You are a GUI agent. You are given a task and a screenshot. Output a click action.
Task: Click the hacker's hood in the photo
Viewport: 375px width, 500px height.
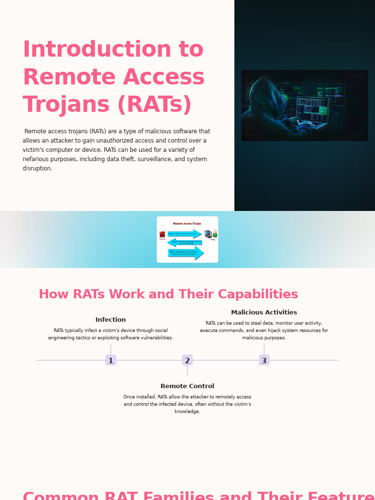(266, 93)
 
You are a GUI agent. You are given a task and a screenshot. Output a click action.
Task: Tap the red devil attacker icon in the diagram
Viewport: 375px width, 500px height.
(162, 234)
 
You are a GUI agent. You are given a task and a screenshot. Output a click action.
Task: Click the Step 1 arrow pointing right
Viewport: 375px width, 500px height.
(185, 234)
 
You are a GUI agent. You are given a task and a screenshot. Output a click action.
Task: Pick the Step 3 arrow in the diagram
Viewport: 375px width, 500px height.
(186, 252)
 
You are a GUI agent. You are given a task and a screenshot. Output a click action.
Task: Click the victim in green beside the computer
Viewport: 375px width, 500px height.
(215, 234)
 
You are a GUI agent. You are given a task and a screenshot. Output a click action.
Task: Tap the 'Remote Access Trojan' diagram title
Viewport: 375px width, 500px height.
(187, 224)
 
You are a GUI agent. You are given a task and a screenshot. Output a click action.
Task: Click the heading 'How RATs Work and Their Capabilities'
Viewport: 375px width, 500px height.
(168, 294)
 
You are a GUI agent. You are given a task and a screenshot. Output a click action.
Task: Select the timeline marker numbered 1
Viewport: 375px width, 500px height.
(111, 360)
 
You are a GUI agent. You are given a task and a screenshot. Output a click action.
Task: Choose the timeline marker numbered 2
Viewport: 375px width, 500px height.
(187, 360)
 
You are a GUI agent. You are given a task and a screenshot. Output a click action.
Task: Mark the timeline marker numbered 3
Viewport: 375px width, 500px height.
(264, 360)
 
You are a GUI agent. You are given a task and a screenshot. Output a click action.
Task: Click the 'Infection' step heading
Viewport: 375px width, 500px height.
(111, 320)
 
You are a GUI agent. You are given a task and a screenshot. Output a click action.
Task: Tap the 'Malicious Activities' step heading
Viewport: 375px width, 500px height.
(264, 312)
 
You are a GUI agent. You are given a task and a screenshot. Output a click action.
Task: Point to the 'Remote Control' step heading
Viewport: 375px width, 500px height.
(187, 386)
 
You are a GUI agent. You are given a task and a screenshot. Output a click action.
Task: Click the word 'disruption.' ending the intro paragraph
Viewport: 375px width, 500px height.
(37, 168)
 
